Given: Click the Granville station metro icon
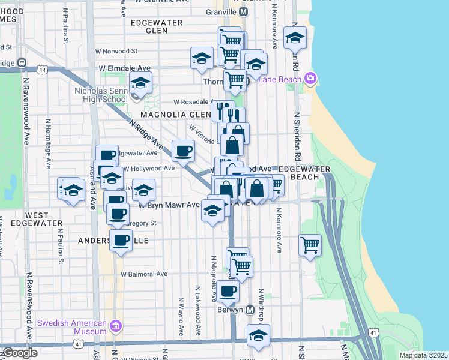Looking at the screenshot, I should pos(243,11).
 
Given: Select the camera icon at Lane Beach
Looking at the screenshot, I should pos(310,79).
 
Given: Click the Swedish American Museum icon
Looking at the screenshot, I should pos(116,327).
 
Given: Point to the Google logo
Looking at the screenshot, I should pos(19,353).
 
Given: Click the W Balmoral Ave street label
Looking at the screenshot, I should pos(144,274).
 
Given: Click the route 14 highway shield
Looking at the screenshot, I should pos(41,70).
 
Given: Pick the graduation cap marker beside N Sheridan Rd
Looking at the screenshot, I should pos(295,38).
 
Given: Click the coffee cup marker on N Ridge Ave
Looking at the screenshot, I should pos(184,151).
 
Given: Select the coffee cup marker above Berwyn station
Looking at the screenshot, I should pos(228,292).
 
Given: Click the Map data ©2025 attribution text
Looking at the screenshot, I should pos(424,355).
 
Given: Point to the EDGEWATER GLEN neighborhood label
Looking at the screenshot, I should pos(148,26).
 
